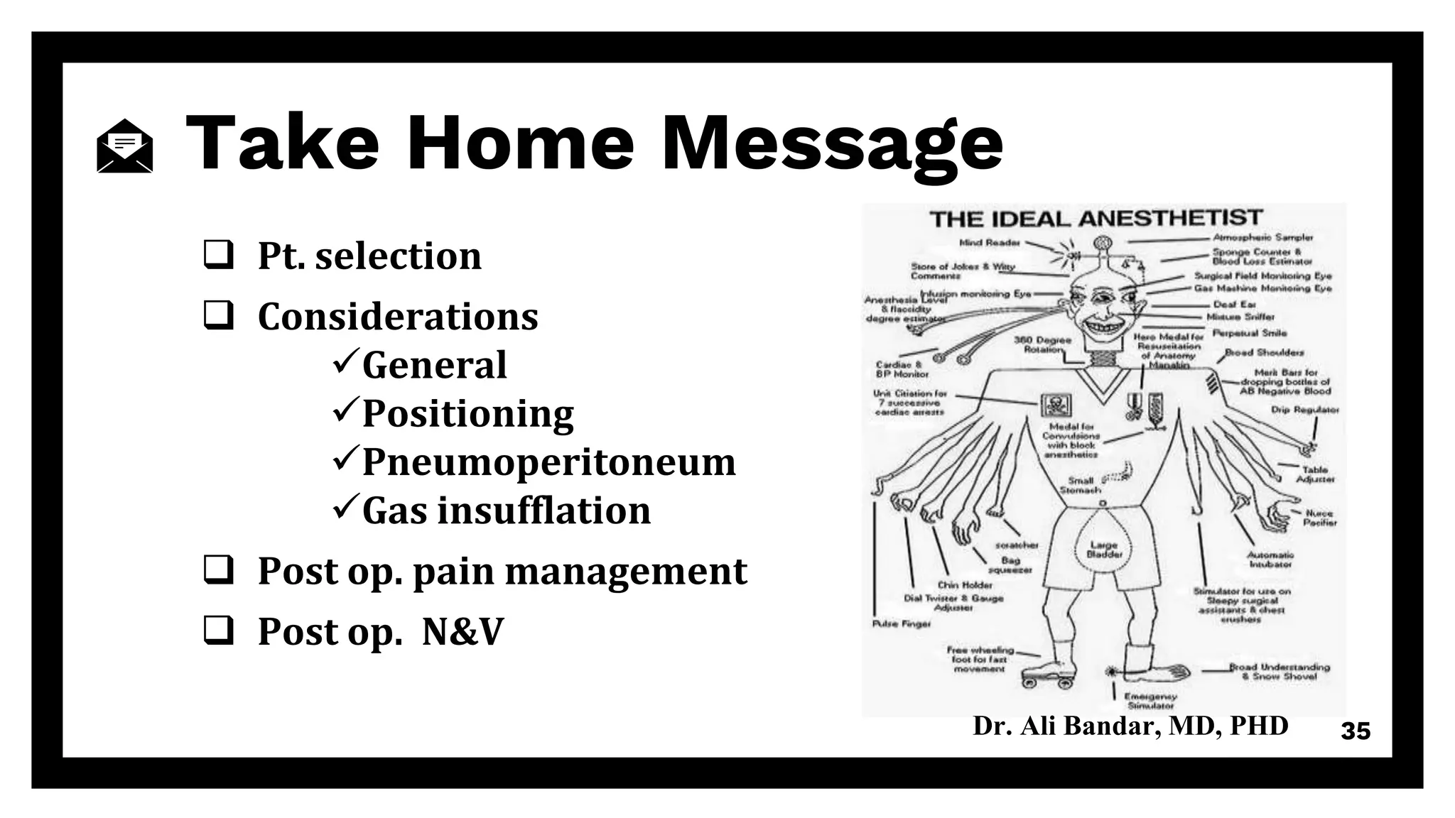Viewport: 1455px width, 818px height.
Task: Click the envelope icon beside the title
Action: tap(124, 146)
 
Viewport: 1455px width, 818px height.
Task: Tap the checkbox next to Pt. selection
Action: tap(218, 255)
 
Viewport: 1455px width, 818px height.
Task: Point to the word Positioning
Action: tap(467, 413)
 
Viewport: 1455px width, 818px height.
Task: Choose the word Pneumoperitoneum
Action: tap(548, 462)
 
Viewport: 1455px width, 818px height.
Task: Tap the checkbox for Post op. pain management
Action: tap(218, 570)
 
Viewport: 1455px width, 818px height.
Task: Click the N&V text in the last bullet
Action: tap(463, 631)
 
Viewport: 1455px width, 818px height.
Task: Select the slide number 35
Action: tap(1355, 731)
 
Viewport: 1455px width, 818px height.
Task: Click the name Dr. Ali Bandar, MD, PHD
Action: tap(1130, 726)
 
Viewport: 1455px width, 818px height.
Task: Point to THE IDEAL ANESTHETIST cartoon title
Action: tap(1096, 218)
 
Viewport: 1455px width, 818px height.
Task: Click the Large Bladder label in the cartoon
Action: tap(1104, 550)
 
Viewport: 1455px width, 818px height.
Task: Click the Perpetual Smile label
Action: tap(1249, 333)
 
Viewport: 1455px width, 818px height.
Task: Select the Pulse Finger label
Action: tap(901, 623)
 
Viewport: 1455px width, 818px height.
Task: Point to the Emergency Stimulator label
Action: tap(1150, 702)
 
